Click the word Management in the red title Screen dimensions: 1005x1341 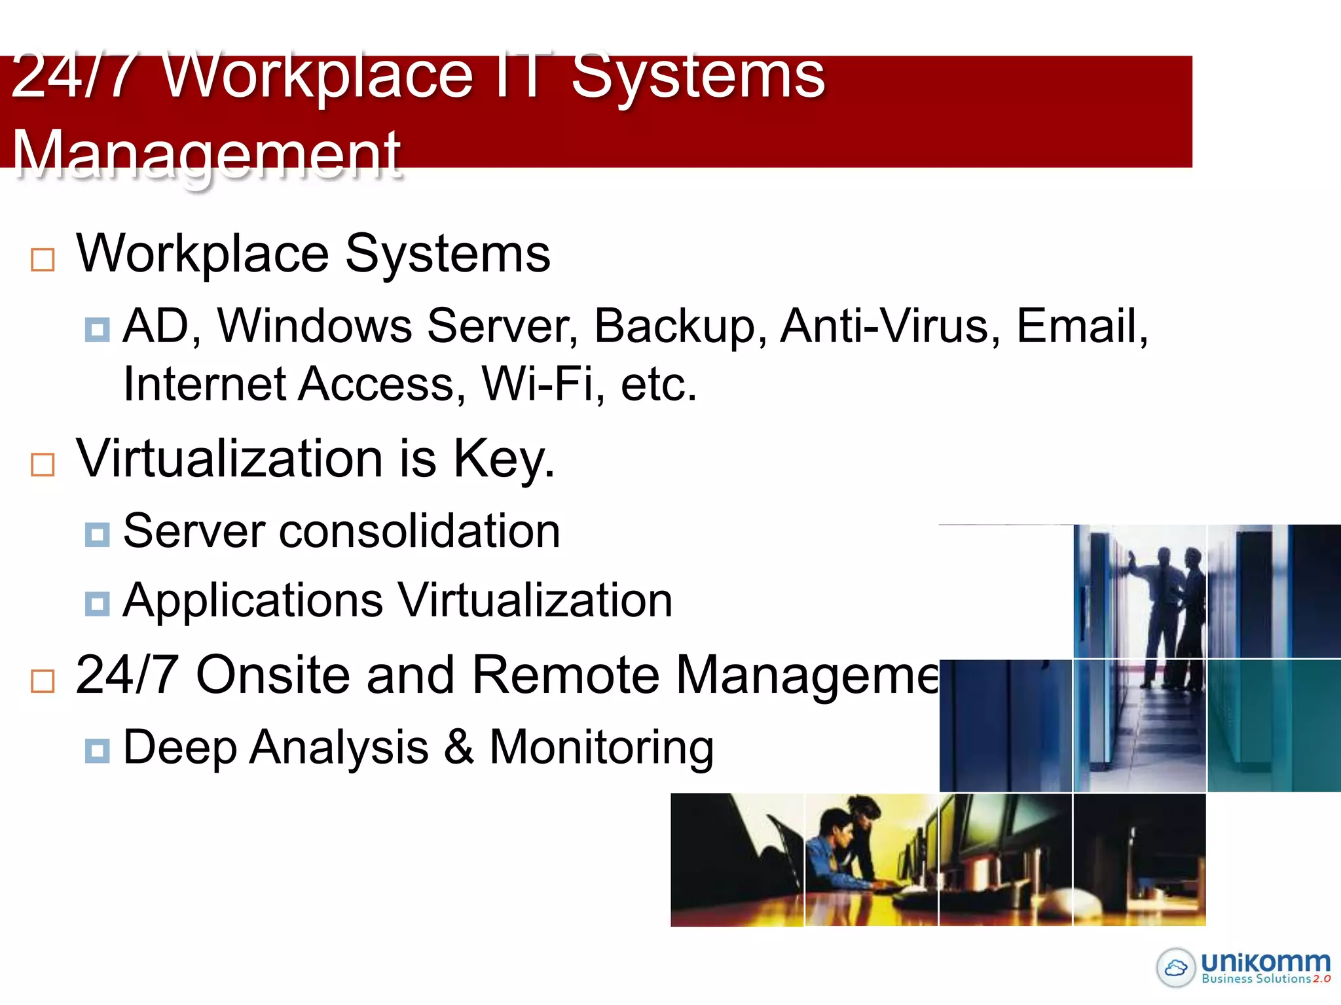[206, 154]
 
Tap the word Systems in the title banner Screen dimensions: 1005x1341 [698, 77]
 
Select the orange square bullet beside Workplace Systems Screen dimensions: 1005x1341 [43, 260]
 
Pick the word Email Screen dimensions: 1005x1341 [1080, 326]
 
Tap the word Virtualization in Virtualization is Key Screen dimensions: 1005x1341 [229, 459]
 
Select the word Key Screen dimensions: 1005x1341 [504, 460]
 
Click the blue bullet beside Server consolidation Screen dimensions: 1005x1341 [97, 535]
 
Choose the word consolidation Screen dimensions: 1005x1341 [420, 531]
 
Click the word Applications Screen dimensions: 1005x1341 [253, 601]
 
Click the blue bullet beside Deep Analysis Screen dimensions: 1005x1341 [97, 750]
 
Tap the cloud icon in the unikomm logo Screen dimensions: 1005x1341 [1176, 967]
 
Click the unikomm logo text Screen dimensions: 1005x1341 [1265, 962]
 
